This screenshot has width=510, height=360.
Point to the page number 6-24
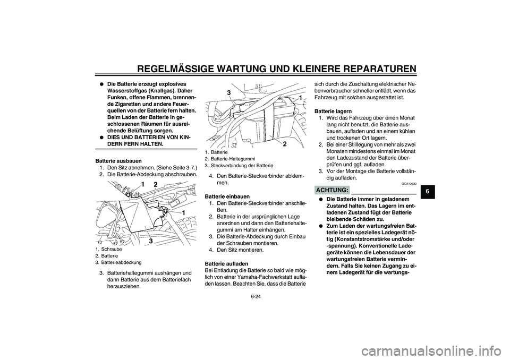pyautogui.click(x=254, y=305)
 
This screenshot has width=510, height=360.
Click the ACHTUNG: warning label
pyautogui.click(x=331, y=190)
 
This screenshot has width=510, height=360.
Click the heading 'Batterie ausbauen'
pyautogui.click(x=118, y=160)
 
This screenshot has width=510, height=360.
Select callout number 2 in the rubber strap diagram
pyautogui.click(x=285, y=144)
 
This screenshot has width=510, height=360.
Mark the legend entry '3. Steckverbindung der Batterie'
pyautogui.click(x=239, y=166)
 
